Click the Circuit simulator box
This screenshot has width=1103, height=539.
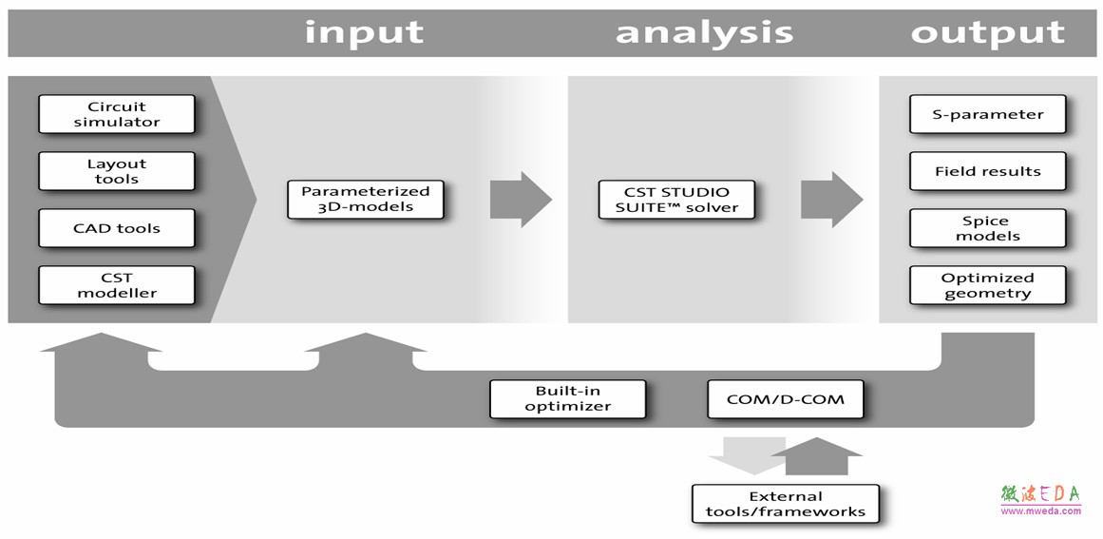coord(117,114)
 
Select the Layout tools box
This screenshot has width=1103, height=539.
coord(117,171)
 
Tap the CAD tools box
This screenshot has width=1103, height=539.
coord(117,228)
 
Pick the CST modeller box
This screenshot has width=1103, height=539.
coord(117,285)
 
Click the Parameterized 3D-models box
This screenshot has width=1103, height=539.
coord(366,199)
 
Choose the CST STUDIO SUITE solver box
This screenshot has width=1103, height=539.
coord(676,199)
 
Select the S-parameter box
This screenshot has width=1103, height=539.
coord(988,114)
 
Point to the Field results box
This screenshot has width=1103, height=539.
coord(988,171)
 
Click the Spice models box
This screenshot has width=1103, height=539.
coord(988,228)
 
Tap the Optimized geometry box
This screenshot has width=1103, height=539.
coord(988,285)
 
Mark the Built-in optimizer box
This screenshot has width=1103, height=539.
coord(568,399)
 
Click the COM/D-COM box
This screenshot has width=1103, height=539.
coord(785,399)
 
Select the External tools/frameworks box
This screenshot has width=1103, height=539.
coord(786,503)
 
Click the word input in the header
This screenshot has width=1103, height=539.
coord(364,31)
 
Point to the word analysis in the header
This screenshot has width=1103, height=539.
coord(704,32)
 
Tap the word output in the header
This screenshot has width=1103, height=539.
coord(988,32)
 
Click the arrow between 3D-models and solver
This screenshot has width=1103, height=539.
coord(522,199)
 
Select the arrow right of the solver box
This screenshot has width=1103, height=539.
coord(832,199)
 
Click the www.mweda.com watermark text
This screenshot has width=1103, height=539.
coord(1040,510)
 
